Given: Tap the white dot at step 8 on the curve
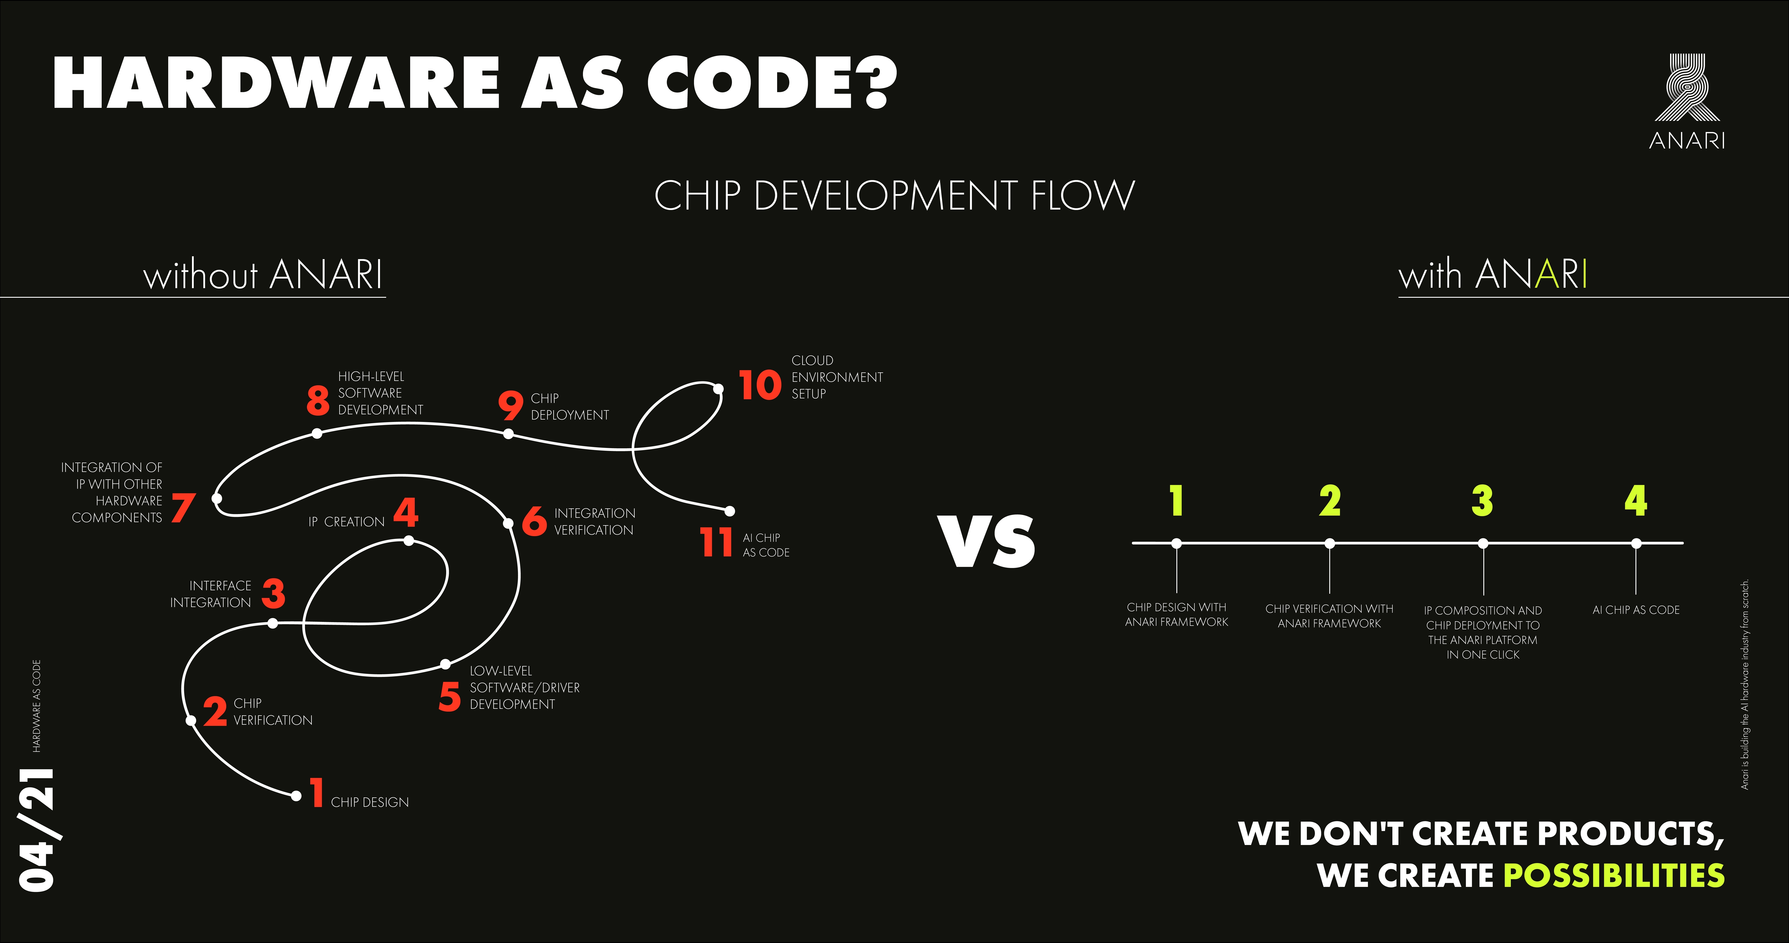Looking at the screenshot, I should [317, 433].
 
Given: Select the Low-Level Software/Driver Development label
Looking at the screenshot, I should [524, 687].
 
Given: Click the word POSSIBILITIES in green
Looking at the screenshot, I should [1613, 875].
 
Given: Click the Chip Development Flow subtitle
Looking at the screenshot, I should [894, 195].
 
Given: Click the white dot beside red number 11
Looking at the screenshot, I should [729, 511].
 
